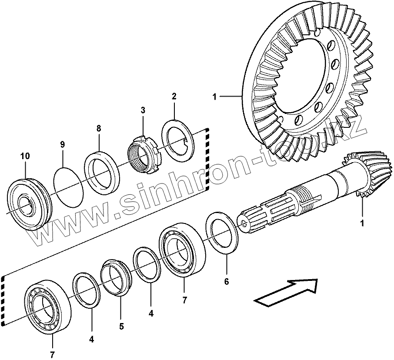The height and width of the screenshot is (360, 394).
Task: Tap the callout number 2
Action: (x=174, y=96)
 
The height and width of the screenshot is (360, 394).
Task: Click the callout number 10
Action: (x=25, y=156)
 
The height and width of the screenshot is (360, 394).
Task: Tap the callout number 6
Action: (x=226, y=281)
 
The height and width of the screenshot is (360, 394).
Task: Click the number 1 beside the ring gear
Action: (x=214, y=97)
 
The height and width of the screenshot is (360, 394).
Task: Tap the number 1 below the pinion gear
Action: (x=361, y=224)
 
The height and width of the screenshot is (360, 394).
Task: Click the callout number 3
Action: (x=142, y=111)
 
